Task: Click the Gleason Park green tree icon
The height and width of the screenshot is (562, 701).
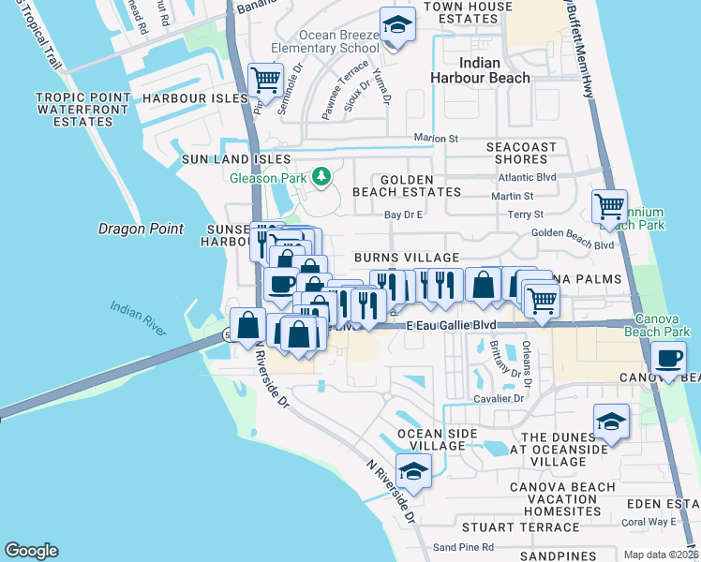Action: [321, 176]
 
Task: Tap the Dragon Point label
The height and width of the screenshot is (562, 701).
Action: [139, 228]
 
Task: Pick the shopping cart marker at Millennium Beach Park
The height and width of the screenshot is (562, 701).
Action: [610, 206]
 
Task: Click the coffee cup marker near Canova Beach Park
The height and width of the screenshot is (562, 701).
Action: [668, 359]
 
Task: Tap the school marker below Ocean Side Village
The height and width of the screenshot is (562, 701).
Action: [412, 471]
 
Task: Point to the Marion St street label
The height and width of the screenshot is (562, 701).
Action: [437, 139]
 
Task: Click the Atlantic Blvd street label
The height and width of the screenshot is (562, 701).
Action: [527, 175]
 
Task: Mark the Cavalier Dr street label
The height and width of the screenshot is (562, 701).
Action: [499, 398]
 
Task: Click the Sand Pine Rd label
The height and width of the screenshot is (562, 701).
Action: [456, 547]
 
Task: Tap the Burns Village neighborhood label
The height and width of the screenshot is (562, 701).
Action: [406, 258]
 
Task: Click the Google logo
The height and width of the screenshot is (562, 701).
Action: [31, 551]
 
